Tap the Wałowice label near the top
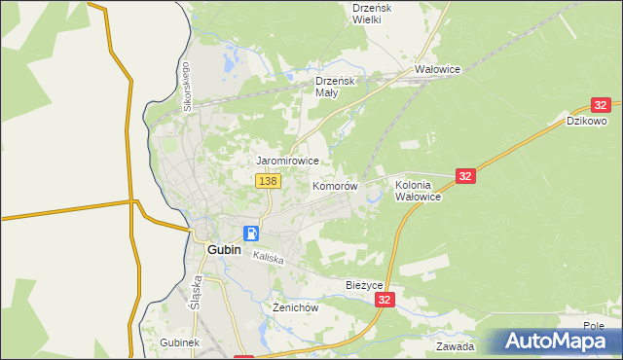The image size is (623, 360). (x=437, y=70)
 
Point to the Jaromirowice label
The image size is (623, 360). (x=287, y=161)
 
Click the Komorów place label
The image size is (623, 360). (x=336, y=185)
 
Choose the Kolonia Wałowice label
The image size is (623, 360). (x=419, y=190)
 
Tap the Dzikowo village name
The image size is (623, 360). (x=587, y=122)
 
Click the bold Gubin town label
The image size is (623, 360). (x=223, y=249)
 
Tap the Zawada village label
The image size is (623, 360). (x=455, y=346)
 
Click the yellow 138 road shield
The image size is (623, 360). (x=268, y=181)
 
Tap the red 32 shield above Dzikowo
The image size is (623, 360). (x=601, y=105)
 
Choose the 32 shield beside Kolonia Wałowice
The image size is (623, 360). (x=465, y=176)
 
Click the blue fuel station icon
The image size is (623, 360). (x=251, y=234)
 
